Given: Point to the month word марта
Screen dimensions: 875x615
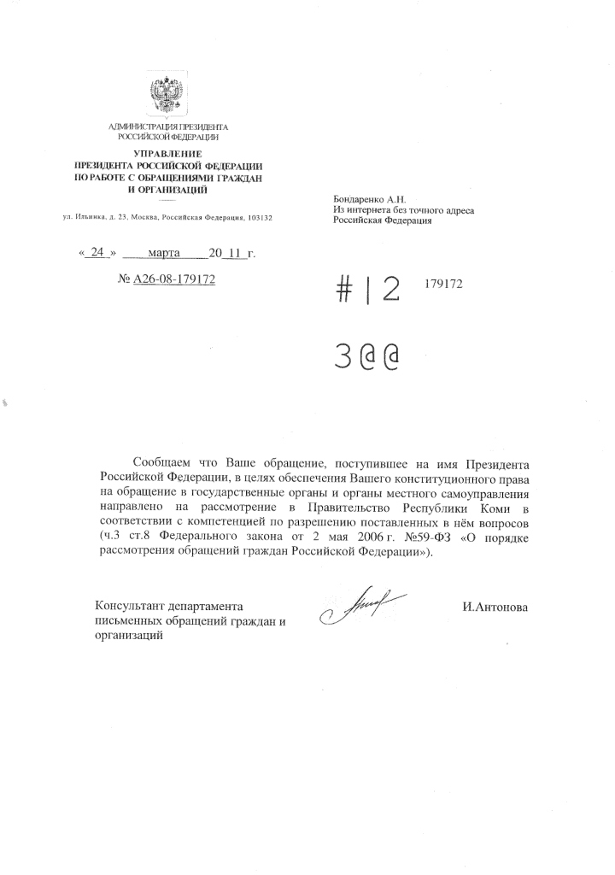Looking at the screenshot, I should pos(164,253).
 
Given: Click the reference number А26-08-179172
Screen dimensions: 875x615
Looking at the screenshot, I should pos(173,281).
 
